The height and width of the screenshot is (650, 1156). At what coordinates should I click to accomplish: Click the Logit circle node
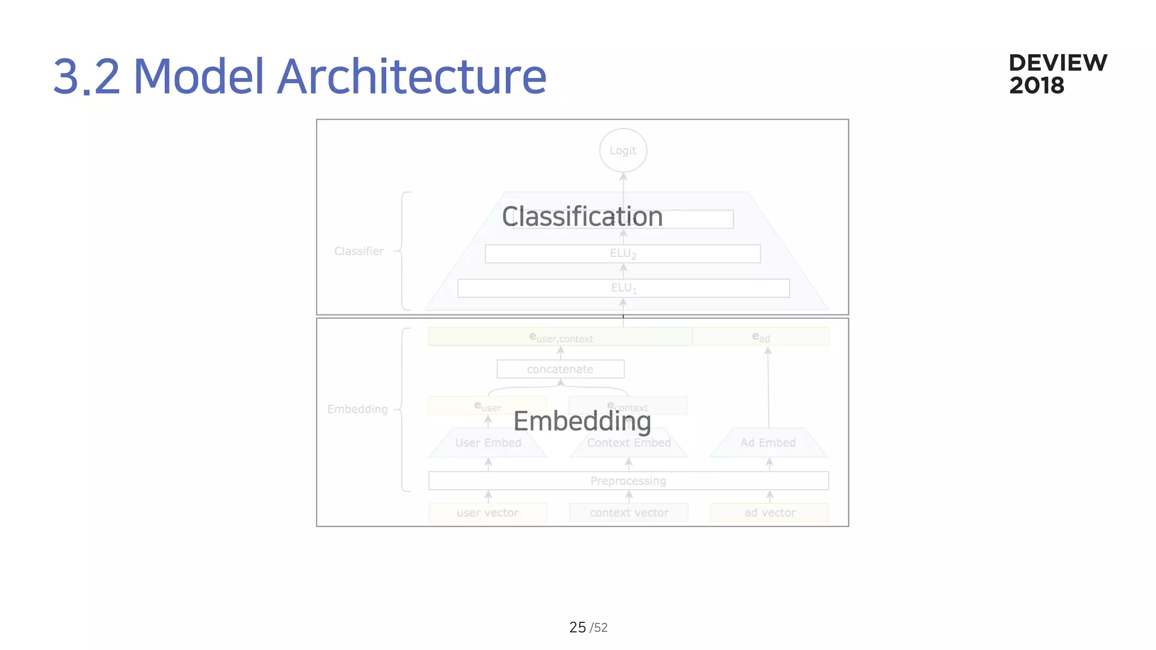(x=623, y=151)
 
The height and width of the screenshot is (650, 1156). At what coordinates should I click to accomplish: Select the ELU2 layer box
(x=623, y=254)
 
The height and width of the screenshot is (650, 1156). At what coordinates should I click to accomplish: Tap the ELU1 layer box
(x=623, y=288)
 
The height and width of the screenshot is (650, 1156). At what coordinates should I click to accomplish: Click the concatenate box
(x=560, y=369)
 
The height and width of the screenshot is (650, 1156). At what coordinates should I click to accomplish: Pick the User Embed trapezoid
(x=488, y=443)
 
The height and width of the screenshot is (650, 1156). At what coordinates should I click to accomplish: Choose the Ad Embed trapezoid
(x=768, y=443)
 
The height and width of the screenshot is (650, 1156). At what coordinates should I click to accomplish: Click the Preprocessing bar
(x=628, y=481)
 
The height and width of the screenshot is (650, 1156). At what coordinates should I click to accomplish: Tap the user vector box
(x=488, y=513)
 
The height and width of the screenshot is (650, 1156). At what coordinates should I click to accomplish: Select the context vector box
(x=629, y=513)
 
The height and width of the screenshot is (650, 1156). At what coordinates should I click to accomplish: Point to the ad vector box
(x=769, y=513)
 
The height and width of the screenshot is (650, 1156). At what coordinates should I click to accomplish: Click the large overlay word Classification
(x=582, y=217)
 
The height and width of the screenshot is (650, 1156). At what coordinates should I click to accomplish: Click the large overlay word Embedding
(x=582, y=421)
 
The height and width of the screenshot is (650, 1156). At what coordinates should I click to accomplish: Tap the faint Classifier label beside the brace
(x=358, y=251)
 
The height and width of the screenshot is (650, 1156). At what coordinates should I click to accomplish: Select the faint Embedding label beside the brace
(x=357, y=409)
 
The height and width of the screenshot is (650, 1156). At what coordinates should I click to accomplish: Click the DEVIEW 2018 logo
(x=1057, y=74)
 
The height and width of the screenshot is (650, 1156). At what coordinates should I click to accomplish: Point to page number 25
(x=577, y=627)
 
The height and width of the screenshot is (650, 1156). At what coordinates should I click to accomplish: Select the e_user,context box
(x=561, y=337)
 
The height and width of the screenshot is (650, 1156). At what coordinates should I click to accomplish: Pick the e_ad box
(x=760, y=337)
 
